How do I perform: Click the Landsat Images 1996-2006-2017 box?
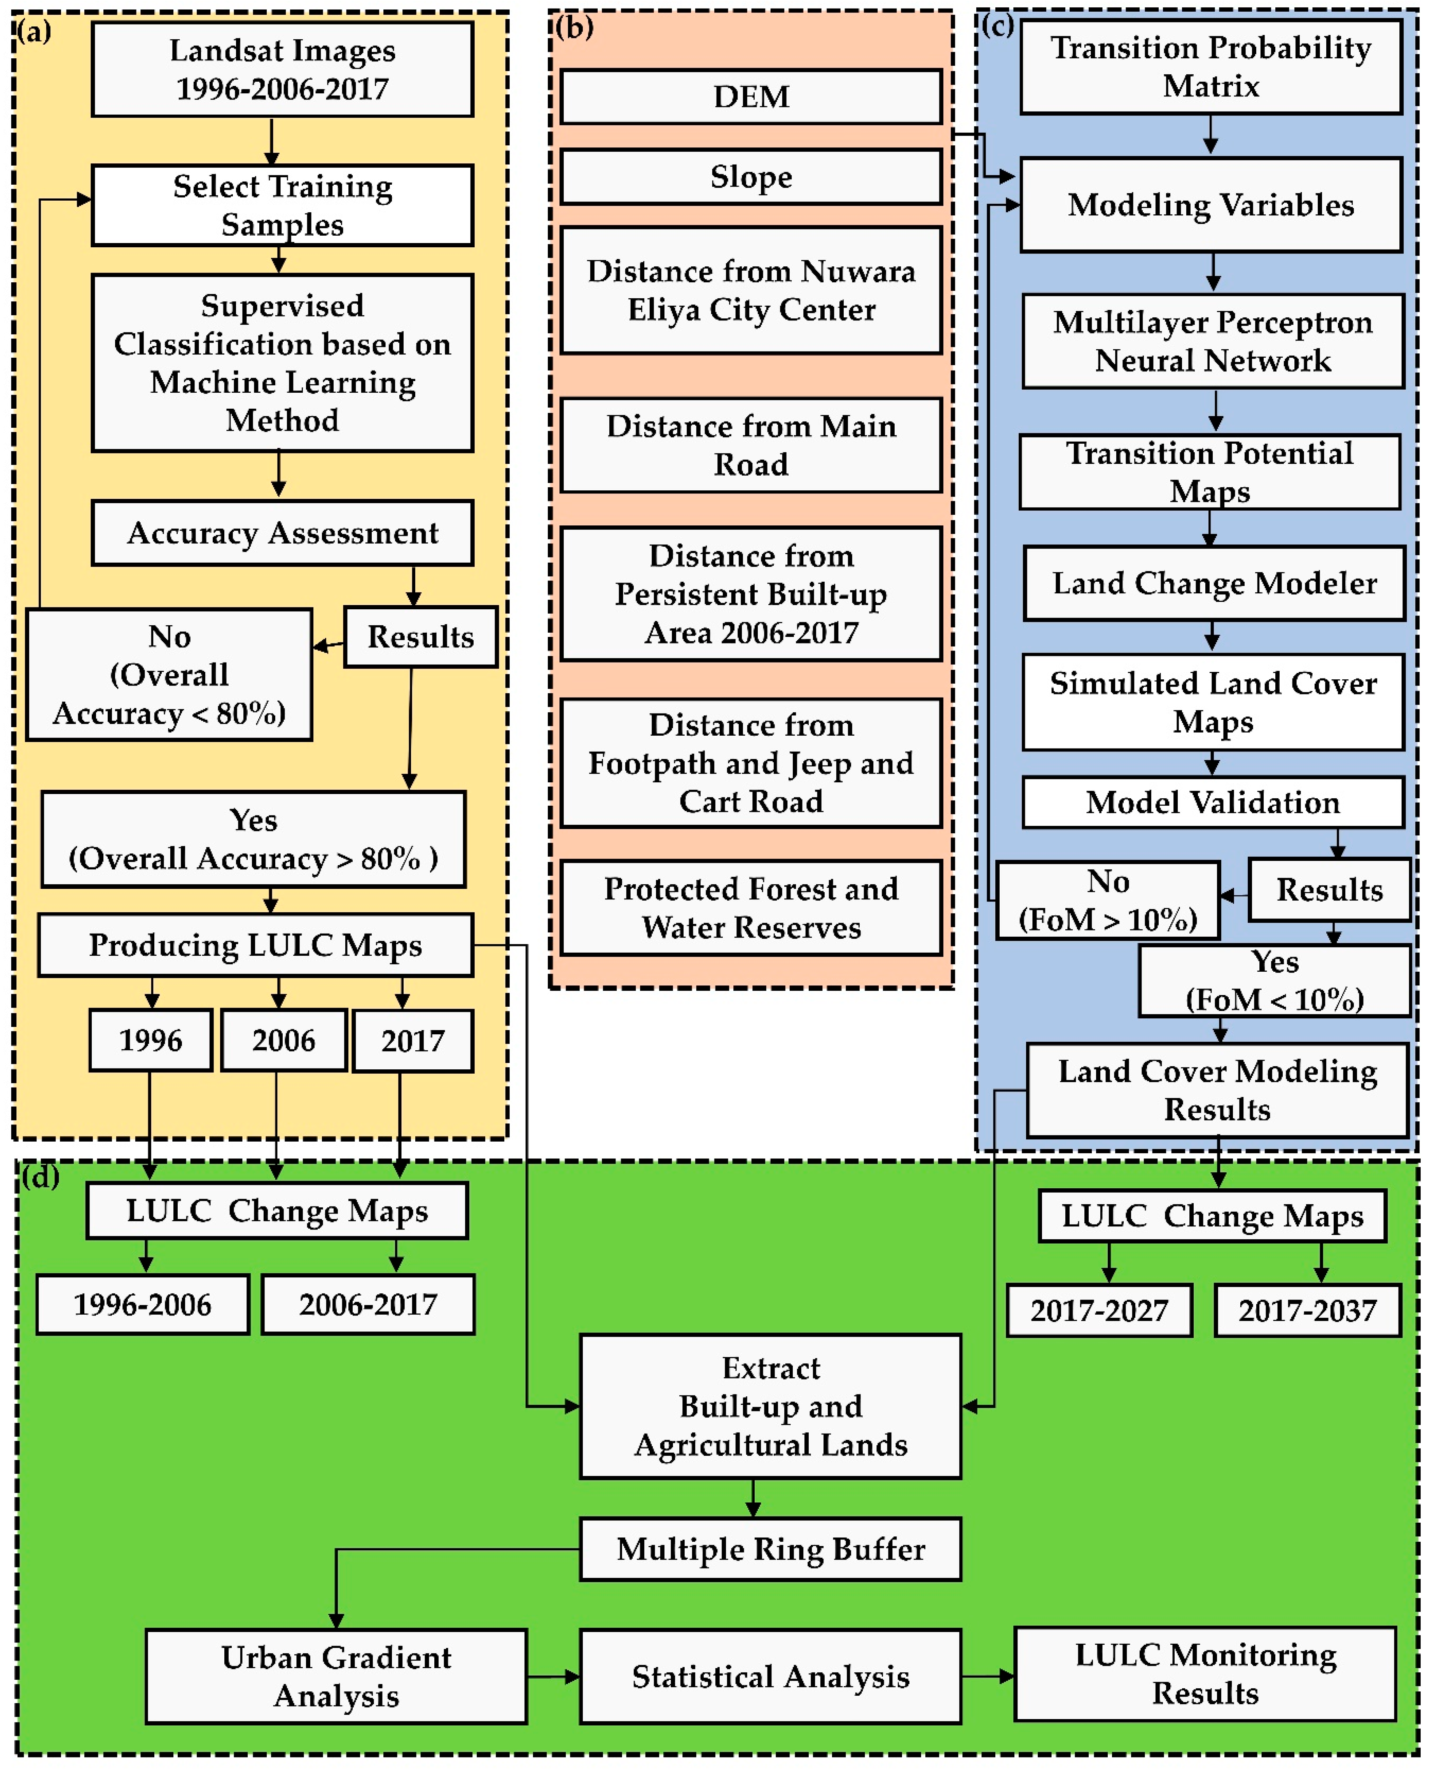pyautogui.click(x=282, y=69)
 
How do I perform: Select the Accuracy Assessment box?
pyautogui.click(x=282, y=533)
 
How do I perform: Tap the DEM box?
pyautogui.click(x=751, y=96)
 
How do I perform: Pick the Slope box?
pyautogui.click(x=751, y=177)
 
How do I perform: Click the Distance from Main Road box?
pyautogui.click(x=751, y=445)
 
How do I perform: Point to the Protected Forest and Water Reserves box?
pyautogui.click(x=751, y=907)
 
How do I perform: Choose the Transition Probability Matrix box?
pyautogui.click(x=1210, y=67)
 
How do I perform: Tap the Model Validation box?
pyautogui.click(x=1213, y=802)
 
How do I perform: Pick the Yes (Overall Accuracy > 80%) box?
pyautogui.click(x=253, y=839)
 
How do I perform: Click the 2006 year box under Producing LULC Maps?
pyautogui.click(x=283, y=1040)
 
